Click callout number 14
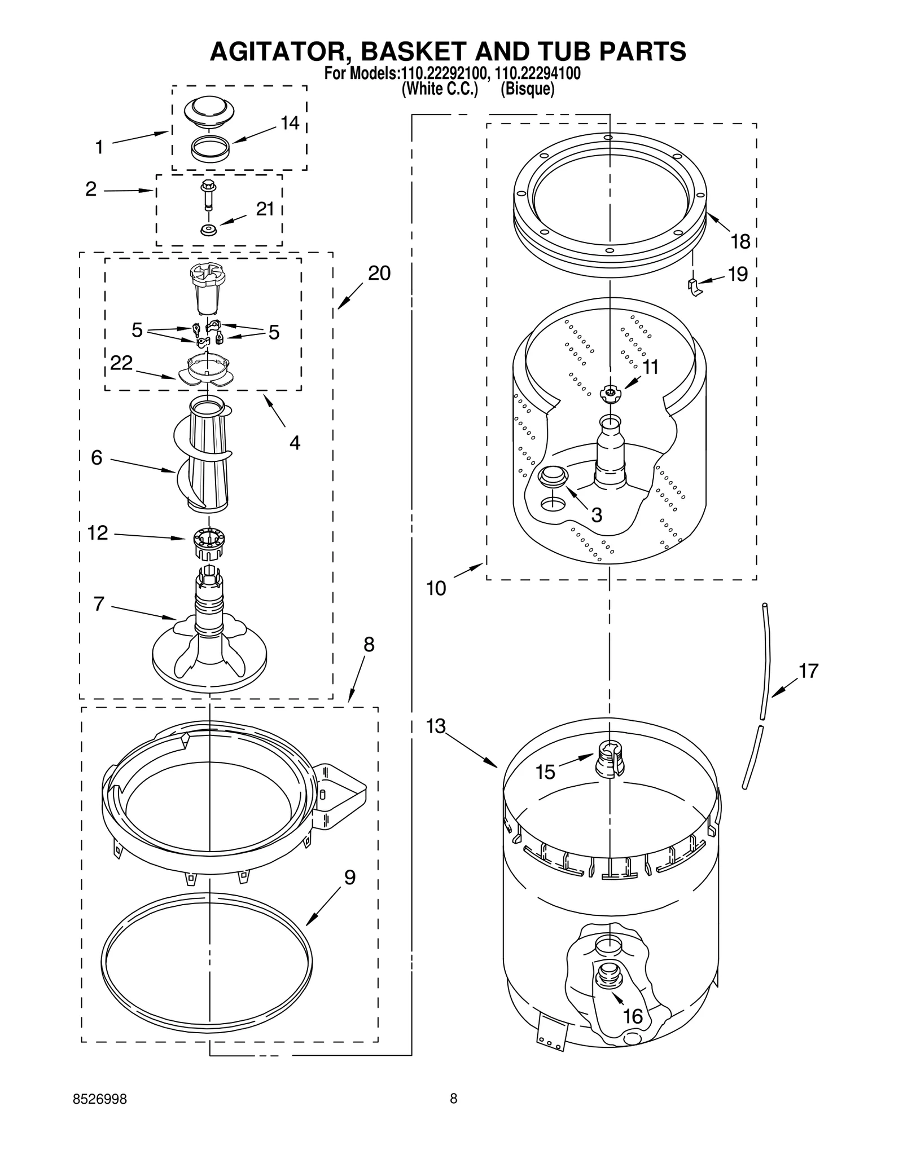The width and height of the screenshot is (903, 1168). (290, 123)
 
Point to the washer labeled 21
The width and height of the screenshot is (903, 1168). (209, 230)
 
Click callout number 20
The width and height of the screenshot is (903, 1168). (379, 274)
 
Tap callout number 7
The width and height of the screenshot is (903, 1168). (99, 604)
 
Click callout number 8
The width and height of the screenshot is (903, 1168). (369, 645)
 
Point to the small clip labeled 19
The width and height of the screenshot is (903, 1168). (695, 287)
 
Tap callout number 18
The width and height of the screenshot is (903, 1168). (740, 242)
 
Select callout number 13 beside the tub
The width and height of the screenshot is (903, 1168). (436, 726)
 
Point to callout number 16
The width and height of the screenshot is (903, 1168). (633, 1016)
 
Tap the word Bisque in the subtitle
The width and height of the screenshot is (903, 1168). (528, 90)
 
